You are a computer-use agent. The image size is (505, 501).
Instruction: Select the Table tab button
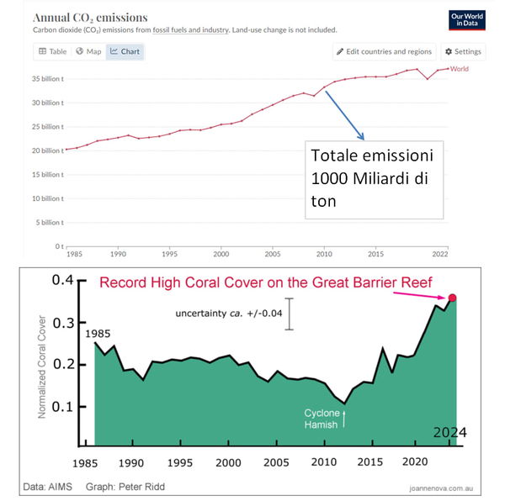pos(51,51)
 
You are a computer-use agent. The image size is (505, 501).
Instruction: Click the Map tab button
pos(88,51)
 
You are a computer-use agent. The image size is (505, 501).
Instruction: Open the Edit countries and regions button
pos(385,51)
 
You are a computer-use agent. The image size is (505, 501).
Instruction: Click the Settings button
pos(463,51)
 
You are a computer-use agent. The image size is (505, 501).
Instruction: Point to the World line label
pos(460,68)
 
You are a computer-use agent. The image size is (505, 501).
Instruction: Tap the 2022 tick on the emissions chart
pos(439,253)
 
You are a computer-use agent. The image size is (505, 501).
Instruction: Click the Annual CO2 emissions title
pos(90,17)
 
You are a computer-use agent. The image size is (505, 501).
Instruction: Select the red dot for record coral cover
pos(452,298)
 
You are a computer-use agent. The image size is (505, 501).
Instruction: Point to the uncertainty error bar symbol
pos(290,314)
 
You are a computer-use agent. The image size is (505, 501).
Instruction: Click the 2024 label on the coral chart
pos(449,433)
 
